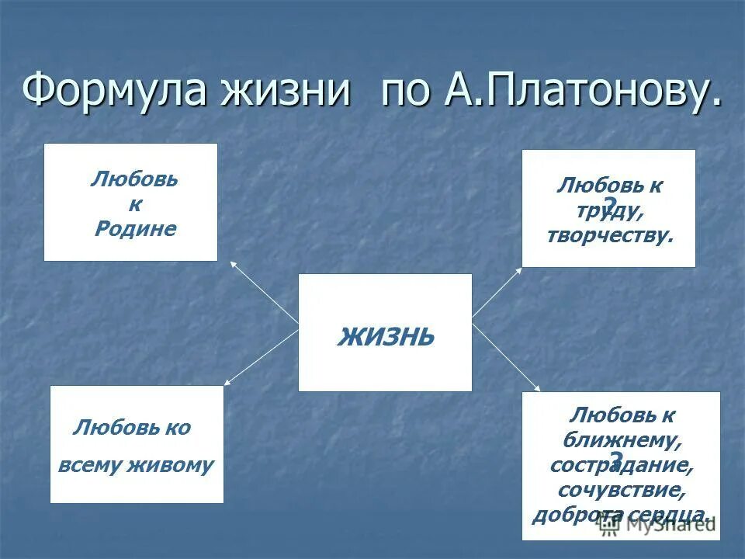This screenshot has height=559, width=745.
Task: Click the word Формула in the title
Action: pos(115,91)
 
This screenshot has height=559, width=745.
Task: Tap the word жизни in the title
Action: pos(285,91)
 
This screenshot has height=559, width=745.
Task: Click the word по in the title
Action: pos(406,93)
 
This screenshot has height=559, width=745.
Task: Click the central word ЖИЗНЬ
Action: pos(386,337)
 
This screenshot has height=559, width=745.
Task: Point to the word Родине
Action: pos(135,229)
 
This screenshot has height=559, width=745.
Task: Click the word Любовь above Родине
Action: pos(134,180)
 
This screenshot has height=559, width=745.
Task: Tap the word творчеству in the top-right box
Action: pos(610,236)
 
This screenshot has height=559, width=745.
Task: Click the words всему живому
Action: pos(136,465)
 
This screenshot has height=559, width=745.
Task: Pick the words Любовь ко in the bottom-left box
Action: pos(132,428)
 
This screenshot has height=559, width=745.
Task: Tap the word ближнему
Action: pos(621,440)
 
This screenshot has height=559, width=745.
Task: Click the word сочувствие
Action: pos(621,491)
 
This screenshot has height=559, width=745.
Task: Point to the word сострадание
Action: pos(621,466)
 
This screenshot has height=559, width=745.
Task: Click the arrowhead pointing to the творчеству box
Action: pos(520,269)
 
